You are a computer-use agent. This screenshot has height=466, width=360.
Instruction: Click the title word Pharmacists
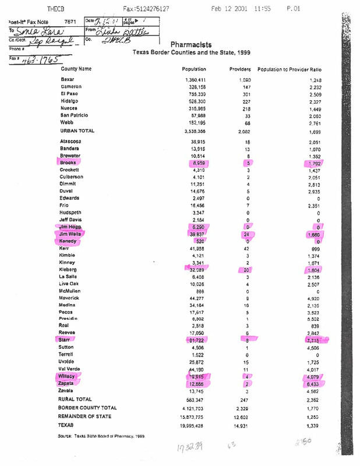[190, 44]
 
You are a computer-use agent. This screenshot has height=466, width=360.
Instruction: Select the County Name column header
[77, 69]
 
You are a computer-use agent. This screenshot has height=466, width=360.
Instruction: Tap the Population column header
[195, 69]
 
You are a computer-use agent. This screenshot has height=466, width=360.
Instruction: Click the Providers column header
[239, 69]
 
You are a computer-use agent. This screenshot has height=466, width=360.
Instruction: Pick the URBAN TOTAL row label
[79, 131]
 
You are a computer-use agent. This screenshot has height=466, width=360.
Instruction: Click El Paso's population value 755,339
[195, 93]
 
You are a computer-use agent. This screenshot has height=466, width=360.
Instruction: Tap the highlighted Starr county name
[65, 339]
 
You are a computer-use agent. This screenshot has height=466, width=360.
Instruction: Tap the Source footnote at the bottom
[101, 436]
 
